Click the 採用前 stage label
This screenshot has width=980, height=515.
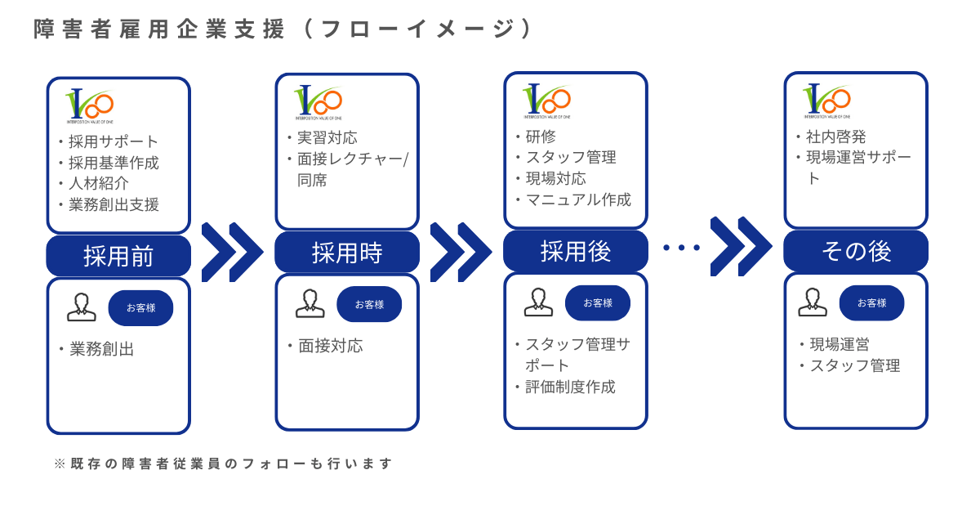click(118, 256)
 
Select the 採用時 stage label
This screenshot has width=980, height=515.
click(347, 252)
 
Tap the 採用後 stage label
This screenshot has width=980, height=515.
click(576, 251)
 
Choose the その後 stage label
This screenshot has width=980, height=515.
click(856, 251)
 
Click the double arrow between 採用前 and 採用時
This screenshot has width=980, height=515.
click(233, 252)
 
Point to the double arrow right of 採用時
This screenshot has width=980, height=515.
click(461, 252)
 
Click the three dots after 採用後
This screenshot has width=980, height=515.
click(681, 248)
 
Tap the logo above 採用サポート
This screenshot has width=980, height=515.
click(90, 105)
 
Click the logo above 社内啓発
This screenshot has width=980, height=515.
click(827, 101)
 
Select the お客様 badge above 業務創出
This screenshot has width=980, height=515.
click(140, 308)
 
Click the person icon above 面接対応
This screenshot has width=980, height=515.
click(310, 304)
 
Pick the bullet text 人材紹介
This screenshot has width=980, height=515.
click(99, 183)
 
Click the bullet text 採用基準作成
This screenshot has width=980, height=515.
click(114, 163)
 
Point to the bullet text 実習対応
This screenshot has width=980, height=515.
click(327, 137)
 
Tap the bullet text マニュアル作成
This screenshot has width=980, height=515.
click(578, 199)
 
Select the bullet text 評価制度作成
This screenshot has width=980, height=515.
click(570, 387)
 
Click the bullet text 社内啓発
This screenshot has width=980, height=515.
click(836, 137)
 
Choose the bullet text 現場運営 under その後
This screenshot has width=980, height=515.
click(840, 344)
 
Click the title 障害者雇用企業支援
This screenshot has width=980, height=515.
click(160, 29)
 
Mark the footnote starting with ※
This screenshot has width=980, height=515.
click(223, 463)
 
